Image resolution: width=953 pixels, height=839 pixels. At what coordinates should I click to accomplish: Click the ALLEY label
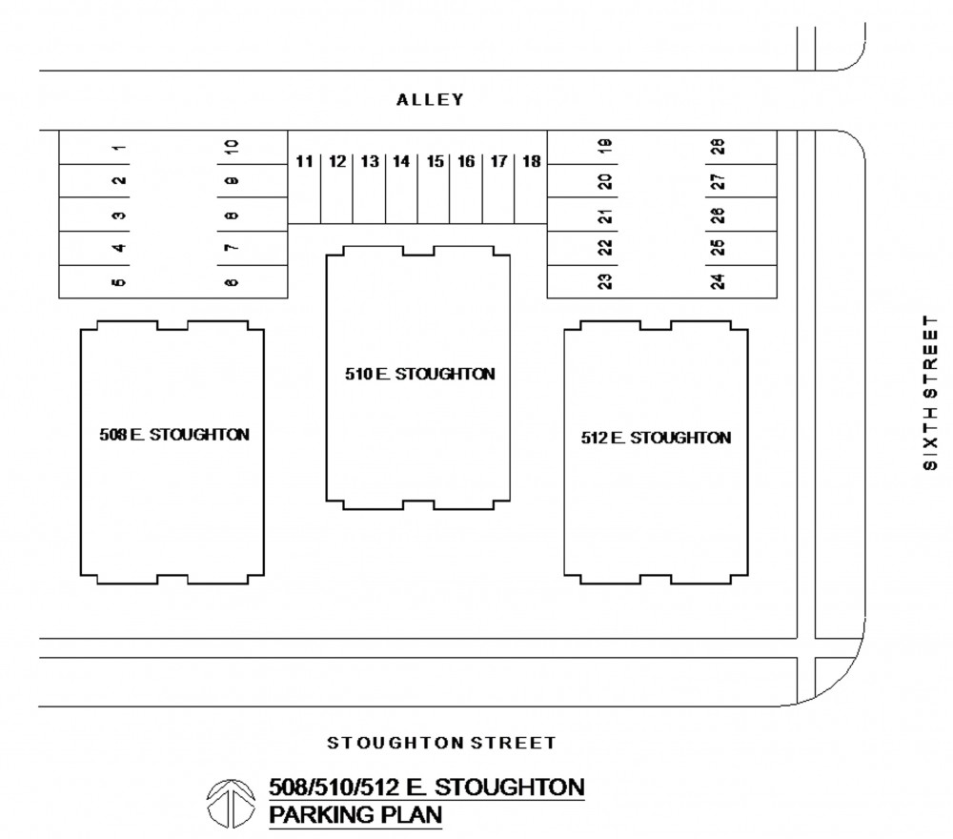(x=431, y=99)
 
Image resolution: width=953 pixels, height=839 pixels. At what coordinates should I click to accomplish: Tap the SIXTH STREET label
(x=930, y=391)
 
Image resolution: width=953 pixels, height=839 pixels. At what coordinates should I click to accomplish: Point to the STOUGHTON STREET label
(x=441, y=742)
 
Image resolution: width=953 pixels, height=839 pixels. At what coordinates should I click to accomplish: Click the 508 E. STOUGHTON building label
(x=174, y=435)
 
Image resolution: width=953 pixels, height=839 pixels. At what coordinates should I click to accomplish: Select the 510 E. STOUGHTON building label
(x=420, y=374)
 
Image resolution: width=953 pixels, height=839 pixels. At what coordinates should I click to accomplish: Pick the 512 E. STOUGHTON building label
(x=657, y=438)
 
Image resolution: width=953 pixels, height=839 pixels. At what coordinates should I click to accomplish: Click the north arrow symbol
(x=229, y=803)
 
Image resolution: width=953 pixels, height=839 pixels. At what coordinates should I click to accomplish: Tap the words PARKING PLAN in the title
(x=356, y=815)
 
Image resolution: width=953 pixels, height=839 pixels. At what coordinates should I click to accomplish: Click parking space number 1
(x=119, y=147)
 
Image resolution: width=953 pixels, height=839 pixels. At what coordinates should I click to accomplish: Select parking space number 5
(x=119, y=281)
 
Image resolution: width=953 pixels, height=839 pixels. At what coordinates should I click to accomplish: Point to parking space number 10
(x=232, y=147)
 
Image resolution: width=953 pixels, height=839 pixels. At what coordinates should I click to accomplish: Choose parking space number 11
(x=304, y=162)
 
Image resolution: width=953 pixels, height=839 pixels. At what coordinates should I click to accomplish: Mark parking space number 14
(x=401, y=162)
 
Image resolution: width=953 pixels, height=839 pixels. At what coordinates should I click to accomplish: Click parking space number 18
(x=531, y=162)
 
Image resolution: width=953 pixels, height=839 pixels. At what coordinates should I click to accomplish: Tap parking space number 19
(x=604, y=147)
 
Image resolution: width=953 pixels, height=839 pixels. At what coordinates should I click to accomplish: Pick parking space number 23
(x=604, y=281)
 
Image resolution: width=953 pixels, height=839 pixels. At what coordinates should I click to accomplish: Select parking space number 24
(x=718, y=281)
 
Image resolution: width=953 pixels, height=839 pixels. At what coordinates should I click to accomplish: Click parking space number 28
(x=718, y=147)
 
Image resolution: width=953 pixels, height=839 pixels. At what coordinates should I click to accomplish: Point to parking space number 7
(x=232, y=248)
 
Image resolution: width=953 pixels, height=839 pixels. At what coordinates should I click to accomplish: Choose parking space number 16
(x=466, y=162)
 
